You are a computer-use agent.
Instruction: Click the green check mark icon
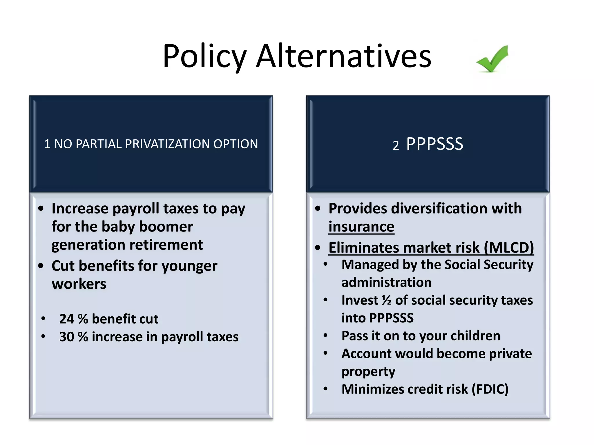pos(492,59)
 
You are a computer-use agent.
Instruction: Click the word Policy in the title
pos(204,56)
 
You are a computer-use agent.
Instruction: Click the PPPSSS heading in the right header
pos(434,144)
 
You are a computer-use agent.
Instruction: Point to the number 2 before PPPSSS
pos(396,145)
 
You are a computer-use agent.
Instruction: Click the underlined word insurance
pos(361,227)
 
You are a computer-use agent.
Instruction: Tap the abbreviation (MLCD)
pos(509,248)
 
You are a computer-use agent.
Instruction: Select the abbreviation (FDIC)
pos(490,389)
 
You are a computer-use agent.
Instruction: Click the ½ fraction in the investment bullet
pos(386,300)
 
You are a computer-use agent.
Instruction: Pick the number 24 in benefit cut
pos(67,319)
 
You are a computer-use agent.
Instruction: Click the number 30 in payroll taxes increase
pos(67,337)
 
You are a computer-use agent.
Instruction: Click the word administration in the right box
pos(386,282)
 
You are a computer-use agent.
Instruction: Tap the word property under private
pos(368,372)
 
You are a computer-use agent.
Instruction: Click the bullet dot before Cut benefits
pos(41,266)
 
